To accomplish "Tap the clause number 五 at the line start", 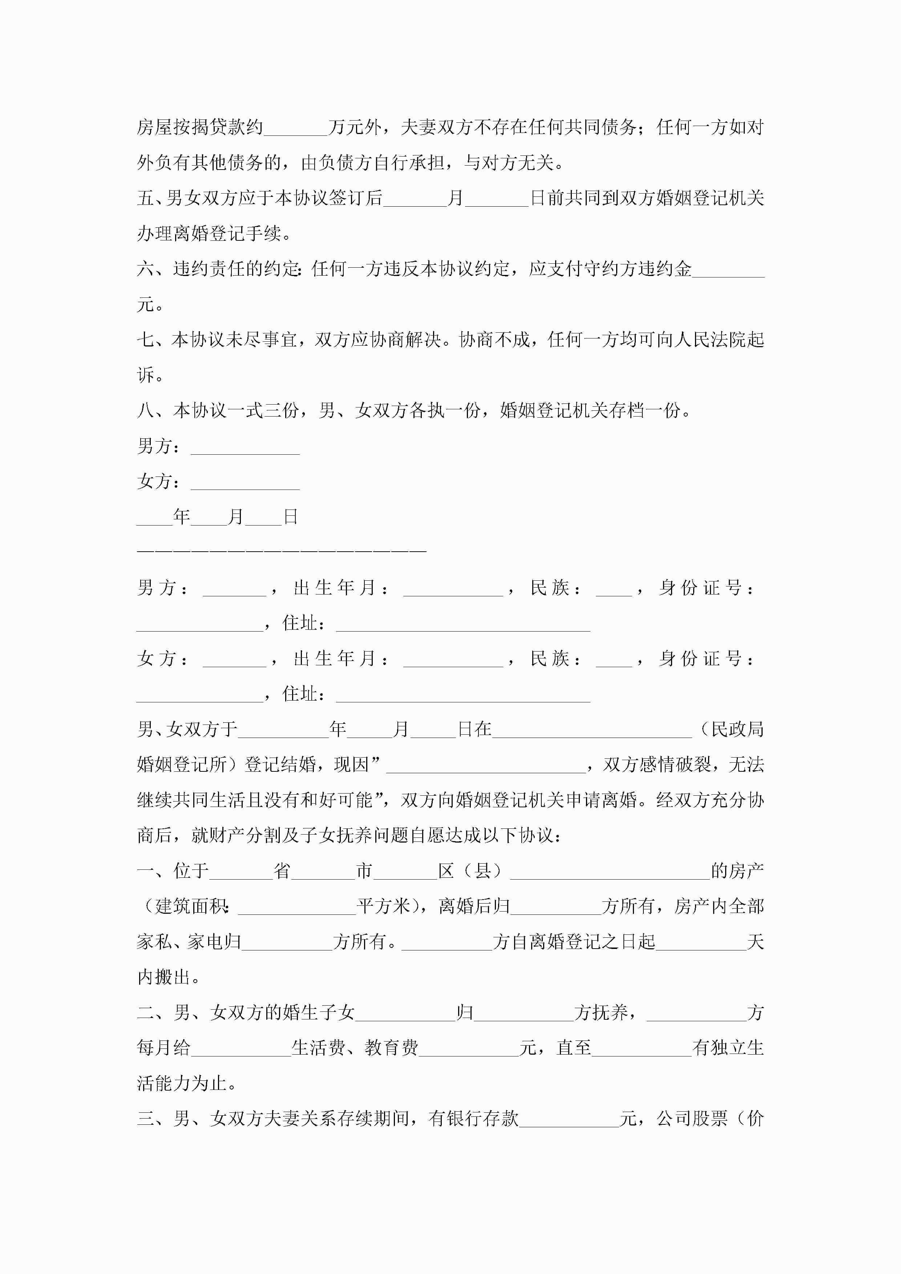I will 146,198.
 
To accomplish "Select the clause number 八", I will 146,411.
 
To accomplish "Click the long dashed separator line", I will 282,551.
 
